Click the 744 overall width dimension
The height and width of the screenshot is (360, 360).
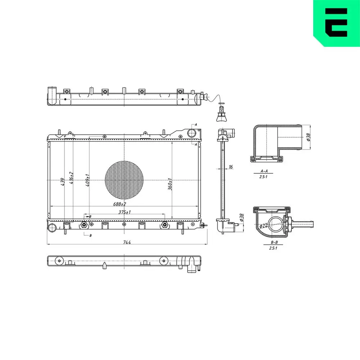coord(126,242)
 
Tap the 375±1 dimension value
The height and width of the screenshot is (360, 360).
coord(124,212)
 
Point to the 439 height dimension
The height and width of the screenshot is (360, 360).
coord(62,182)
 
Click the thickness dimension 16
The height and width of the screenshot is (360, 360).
coord(231,167)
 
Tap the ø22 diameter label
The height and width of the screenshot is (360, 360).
coord(264,225)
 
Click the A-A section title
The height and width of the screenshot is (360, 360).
coord(264,171)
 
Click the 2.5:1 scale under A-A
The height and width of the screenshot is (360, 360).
coord(264,176)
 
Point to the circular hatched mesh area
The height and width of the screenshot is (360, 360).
coord(124,179)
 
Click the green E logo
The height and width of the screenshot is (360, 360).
coord(336,22)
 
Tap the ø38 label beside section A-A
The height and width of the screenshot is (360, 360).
coord(309,138)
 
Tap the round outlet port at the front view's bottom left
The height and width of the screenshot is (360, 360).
coord(53,227)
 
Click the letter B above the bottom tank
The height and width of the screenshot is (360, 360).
coord(90,216)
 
